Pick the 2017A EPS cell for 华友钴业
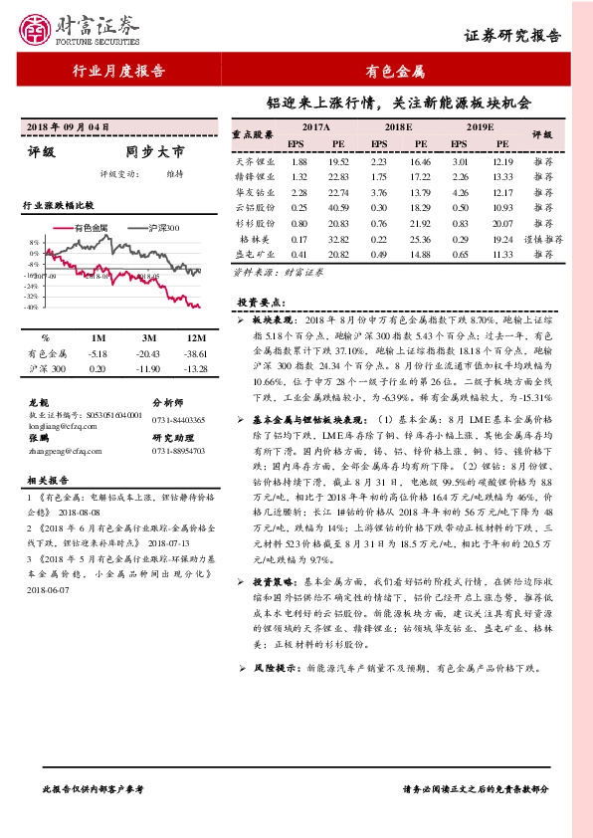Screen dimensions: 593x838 tap(296, 192)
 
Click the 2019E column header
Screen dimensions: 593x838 tap(481, 128)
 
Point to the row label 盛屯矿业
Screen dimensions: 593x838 tap(255, 255)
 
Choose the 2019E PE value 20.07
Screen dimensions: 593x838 tap(501, 224)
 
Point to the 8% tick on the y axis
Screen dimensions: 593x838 tap(34, 242)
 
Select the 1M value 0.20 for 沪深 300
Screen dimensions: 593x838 tap(97, 369)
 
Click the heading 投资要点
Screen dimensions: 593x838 tap(262, 301)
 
